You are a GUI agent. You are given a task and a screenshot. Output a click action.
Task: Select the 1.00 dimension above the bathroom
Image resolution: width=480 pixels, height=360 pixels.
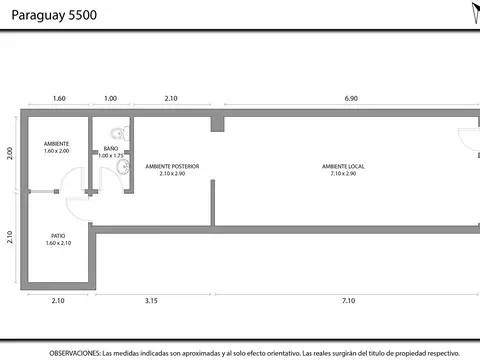point(110,99)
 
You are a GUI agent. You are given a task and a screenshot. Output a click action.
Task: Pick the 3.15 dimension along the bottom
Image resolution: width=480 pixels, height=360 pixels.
point(152,300)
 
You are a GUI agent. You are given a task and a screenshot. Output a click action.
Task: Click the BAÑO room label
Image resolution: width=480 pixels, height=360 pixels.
point(110,148)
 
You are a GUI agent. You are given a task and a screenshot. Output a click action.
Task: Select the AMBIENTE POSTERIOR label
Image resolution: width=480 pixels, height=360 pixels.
point(172,165)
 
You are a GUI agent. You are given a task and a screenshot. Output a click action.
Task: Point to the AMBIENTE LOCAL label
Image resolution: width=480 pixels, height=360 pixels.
point(342,165)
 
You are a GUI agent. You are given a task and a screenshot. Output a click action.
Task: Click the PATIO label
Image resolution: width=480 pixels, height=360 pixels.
point(58,236)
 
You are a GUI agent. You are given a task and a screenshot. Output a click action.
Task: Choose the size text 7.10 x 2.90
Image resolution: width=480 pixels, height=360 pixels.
point(342,173)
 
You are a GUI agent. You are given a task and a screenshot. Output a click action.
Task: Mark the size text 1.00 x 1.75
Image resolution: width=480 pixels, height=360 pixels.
point(110,156)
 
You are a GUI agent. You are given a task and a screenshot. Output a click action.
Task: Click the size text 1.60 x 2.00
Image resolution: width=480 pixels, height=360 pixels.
point(57,151)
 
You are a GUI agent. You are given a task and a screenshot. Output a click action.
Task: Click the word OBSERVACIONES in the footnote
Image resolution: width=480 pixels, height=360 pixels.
point(75,353)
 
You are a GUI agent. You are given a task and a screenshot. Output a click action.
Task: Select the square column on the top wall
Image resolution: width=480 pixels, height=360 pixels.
point(217,123)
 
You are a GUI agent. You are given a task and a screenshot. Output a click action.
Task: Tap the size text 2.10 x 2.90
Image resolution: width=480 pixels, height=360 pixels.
point(172,173)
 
